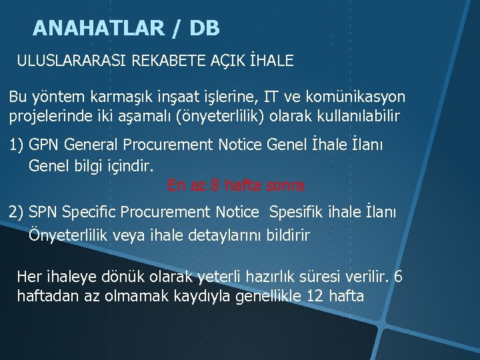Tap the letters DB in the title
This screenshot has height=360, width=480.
pos(204,28)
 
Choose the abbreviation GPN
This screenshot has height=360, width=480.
pos(45,145)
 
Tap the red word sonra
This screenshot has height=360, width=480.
pos(285,185)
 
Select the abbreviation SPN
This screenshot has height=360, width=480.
pos(44,213)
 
